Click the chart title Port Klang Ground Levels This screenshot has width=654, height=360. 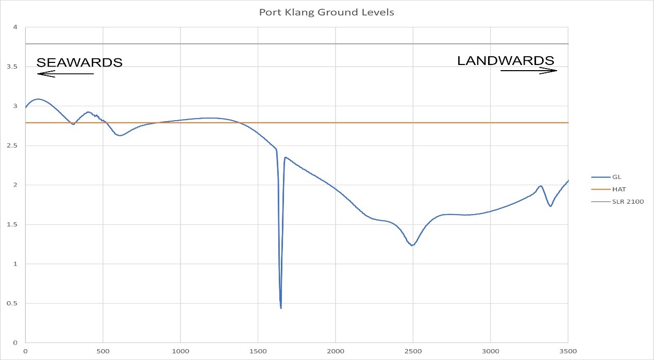(x=327, y=12)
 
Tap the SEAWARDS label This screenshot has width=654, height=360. (x=79, y=62)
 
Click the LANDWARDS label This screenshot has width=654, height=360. (x=506, y=60)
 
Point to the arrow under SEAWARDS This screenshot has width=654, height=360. (x=65, y=74)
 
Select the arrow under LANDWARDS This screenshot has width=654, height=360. (x=529, y=71)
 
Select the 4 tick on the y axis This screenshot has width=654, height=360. (x=15, y=27)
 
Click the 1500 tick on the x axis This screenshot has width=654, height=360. (x=258, y=353)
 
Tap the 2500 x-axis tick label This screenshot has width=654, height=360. (x=413, y=353)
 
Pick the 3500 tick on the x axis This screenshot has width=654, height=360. (x=567, y=353)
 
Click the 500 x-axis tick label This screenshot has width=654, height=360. (x=103, y=353)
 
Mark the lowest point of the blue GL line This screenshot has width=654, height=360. (x=281, y=308)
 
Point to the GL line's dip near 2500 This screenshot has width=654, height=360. (x=412, y=246)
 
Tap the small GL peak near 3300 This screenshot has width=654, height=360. (x=541, y=186)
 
